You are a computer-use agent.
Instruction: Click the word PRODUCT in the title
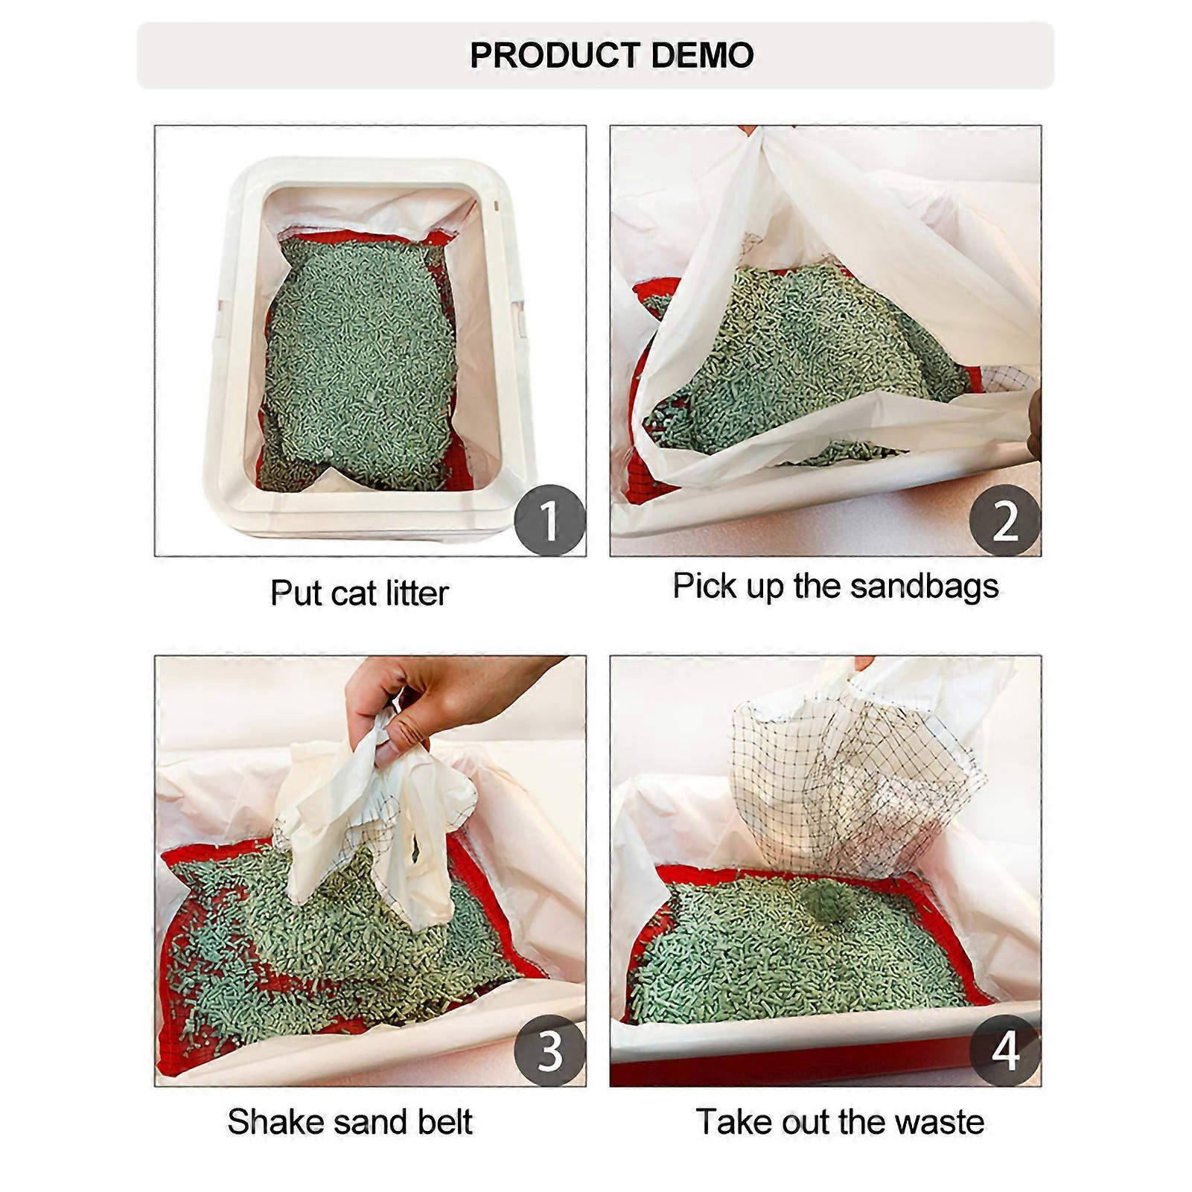click(x=553, y=56)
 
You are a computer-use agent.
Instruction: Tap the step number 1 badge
click(x=549, y=520)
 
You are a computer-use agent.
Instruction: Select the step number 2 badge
click(x=1004, y=520)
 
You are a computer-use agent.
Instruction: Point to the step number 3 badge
click(x=549, y=1050)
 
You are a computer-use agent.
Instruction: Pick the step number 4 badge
click(x=1004, y=1050)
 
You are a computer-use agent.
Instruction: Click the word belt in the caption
click(x=444, y=1122)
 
